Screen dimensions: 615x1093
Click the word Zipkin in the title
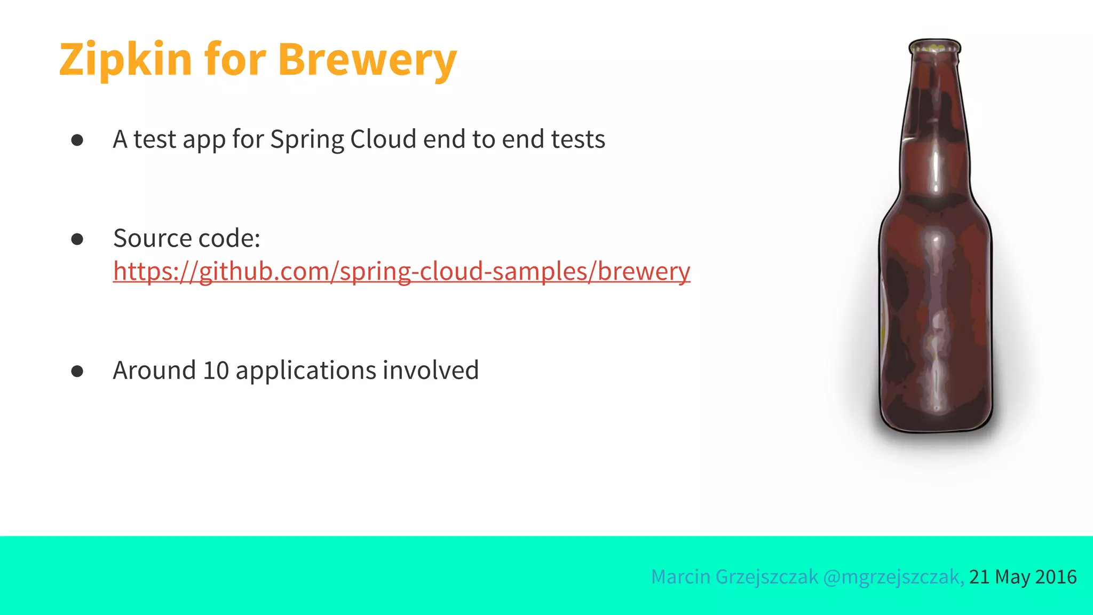[x=125, y=60]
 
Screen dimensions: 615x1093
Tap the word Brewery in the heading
[x=367, y=60]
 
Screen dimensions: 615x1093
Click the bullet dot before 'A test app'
[x=77, y=140]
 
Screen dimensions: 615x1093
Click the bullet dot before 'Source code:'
[x=77, y=239]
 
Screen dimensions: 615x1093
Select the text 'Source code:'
[x=187, y=238]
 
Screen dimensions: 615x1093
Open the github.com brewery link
[x=401, y=271]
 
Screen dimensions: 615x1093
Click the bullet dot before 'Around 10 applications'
[x=77, y=371]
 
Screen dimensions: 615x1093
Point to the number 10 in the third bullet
[x=216, y=370]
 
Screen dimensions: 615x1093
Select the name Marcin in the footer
[x=680, y=577]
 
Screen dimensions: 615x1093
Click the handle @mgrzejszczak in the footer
[x=893, y=577]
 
